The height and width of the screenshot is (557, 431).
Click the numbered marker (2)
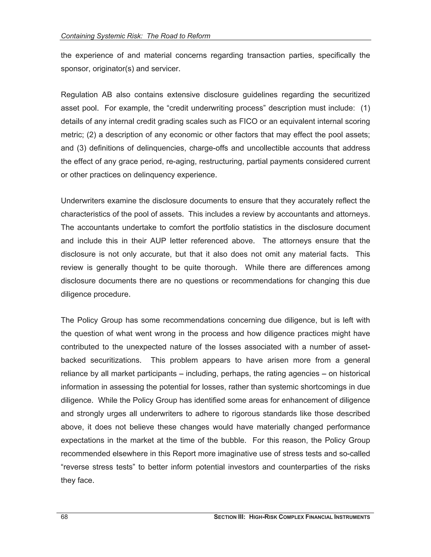(91, 135)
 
